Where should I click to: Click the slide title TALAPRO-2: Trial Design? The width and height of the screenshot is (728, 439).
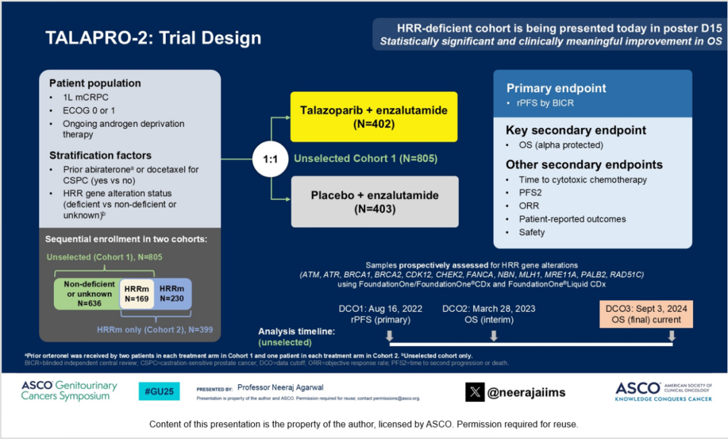[154, 38]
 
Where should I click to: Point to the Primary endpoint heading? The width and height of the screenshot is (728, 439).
[556, 88]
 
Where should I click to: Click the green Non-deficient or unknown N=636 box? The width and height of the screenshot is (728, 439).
[86, 294]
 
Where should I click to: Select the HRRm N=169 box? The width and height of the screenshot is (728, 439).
[137, 294]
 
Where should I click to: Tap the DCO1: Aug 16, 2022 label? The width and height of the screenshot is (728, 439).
[380, 308]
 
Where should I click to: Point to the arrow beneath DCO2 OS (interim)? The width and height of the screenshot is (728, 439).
[493, 335]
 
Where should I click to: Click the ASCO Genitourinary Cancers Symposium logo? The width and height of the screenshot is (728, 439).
[69, 391]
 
